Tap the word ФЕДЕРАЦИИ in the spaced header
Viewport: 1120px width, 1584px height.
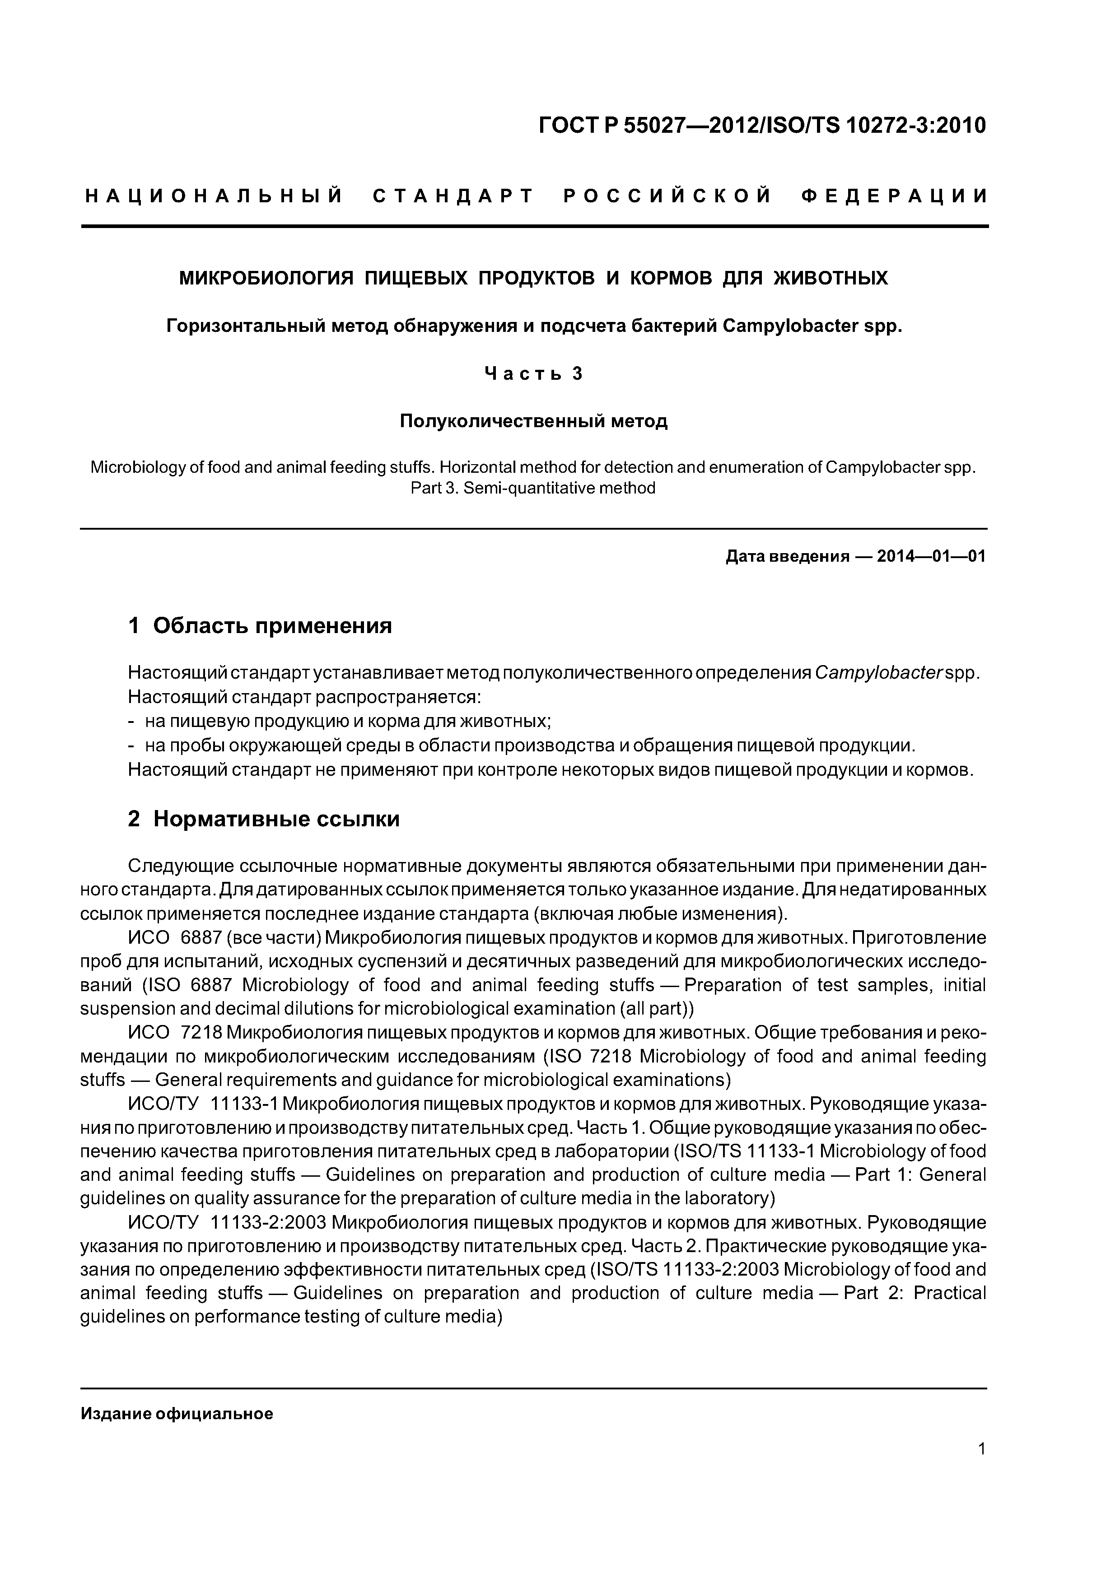pos(894,196)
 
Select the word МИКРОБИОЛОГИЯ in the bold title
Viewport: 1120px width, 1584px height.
pos(266,278)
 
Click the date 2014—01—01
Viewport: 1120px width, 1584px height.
pos(931,557)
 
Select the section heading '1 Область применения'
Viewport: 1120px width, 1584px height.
pos(260,626)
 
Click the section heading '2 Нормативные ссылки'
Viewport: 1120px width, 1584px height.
pos(264,819)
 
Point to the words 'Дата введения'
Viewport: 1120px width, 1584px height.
pos(787,557)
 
